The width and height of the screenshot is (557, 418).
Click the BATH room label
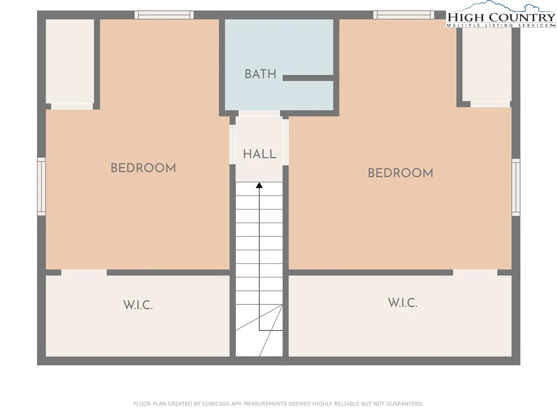tap(261, 74)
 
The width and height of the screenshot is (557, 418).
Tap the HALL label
tap(259, 154)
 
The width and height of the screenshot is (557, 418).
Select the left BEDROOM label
tap(143, 168)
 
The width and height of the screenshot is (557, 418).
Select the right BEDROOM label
tap(400, 173)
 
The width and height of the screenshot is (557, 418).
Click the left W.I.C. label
tap(138, 305)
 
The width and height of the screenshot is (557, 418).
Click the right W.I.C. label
tap(403, 303)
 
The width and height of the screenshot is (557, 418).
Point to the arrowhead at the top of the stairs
tap(259, 185)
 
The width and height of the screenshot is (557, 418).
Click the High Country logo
tap(501, 15)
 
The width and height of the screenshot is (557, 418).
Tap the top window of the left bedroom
tap(164, 15)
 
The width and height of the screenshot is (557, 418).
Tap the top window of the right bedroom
tap(404, 15)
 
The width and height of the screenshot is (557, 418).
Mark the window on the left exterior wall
tap(41, 187)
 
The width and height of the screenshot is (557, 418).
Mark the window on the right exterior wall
tap(516, 187)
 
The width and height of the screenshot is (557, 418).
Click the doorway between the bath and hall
tap(259, 113)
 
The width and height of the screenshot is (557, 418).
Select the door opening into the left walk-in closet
tap(84, 273)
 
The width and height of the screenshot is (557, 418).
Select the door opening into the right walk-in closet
tap(475, 273)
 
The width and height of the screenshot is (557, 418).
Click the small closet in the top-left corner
tap(70, 62)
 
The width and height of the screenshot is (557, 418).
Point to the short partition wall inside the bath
tap(308, 78)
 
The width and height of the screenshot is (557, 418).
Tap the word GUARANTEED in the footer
tap(405, 404)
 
